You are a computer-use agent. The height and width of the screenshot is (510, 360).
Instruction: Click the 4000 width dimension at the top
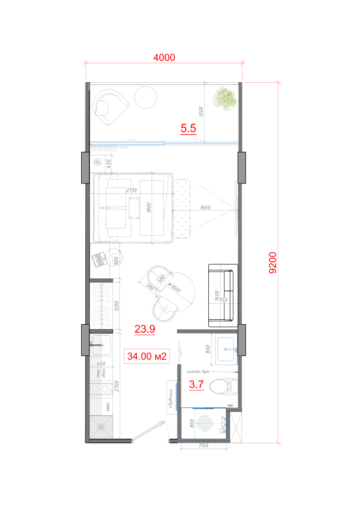(x=164, y=58)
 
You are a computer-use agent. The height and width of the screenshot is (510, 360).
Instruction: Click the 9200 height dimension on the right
(x=272, y=263)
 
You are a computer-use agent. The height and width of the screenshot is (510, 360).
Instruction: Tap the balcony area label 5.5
(x=188, y=129)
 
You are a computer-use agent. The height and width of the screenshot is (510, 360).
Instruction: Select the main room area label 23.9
(x=145, y=330)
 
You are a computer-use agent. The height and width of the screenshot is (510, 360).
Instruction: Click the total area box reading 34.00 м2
(x=147, y=357)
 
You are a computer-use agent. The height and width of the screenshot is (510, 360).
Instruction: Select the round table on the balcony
(x=146, y=97)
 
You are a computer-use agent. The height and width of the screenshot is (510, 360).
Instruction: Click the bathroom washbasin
(x=227, y=349)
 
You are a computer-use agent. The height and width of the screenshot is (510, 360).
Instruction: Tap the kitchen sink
(x=101, y=346)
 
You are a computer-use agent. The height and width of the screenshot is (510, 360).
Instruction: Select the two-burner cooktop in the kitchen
(x=101, y=389)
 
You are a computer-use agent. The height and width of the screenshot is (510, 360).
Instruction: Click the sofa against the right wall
(x=223, y=295)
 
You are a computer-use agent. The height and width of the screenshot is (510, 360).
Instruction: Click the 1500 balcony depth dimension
(x=202, y=112)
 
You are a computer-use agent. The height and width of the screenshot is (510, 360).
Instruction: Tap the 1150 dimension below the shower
(x=203, y=446)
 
